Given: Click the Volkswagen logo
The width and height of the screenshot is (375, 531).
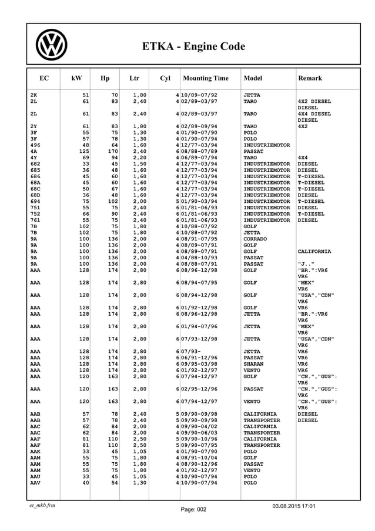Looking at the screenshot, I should coord(52,45).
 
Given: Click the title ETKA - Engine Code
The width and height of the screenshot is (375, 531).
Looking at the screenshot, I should coord(193,46).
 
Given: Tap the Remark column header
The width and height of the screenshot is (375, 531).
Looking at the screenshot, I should coord(310,78).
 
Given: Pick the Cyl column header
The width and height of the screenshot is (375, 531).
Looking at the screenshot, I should coord(165,78).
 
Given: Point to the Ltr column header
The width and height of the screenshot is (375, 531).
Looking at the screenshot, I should coord(134,78).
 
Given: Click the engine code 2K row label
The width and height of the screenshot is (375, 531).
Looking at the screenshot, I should coord(34,95).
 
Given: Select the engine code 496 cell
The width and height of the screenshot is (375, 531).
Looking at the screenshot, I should coord(35,145).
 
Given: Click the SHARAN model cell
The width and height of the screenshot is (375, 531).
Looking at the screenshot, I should coord(255,363).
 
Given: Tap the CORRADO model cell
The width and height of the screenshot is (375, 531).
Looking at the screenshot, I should coord(256,239).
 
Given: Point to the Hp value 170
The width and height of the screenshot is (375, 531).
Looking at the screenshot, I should coord(113,151).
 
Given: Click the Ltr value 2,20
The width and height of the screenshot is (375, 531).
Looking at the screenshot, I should coord(139,158).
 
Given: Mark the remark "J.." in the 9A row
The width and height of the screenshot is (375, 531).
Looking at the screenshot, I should coord(306,264).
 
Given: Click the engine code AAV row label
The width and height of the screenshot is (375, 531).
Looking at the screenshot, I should coord(35,483).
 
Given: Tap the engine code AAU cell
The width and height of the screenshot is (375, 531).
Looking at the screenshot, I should coord(35,476).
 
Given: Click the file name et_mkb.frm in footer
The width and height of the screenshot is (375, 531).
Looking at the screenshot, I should coord(42,505).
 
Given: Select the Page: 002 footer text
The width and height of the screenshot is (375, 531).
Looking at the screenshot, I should coord(193,510).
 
